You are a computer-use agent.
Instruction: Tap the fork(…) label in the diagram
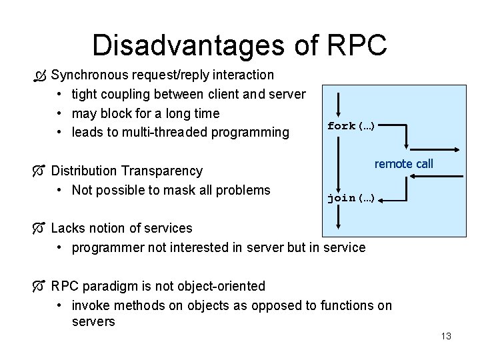[x=351, y=125]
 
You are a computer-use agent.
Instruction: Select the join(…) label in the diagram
[x=351, y=198]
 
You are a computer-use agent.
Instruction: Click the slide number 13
[x=446, y=336]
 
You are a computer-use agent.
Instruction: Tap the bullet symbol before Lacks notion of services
[x=41, y=229]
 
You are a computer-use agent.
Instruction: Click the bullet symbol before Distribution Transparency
[x=41, y=171]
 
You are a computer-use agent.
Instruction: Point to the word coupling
[x=129, y=94]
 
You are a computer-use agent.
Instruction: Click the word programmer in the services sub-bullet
[x=105, y=247]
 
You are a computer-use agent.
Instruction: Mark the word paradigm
[x=115, y=286]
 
